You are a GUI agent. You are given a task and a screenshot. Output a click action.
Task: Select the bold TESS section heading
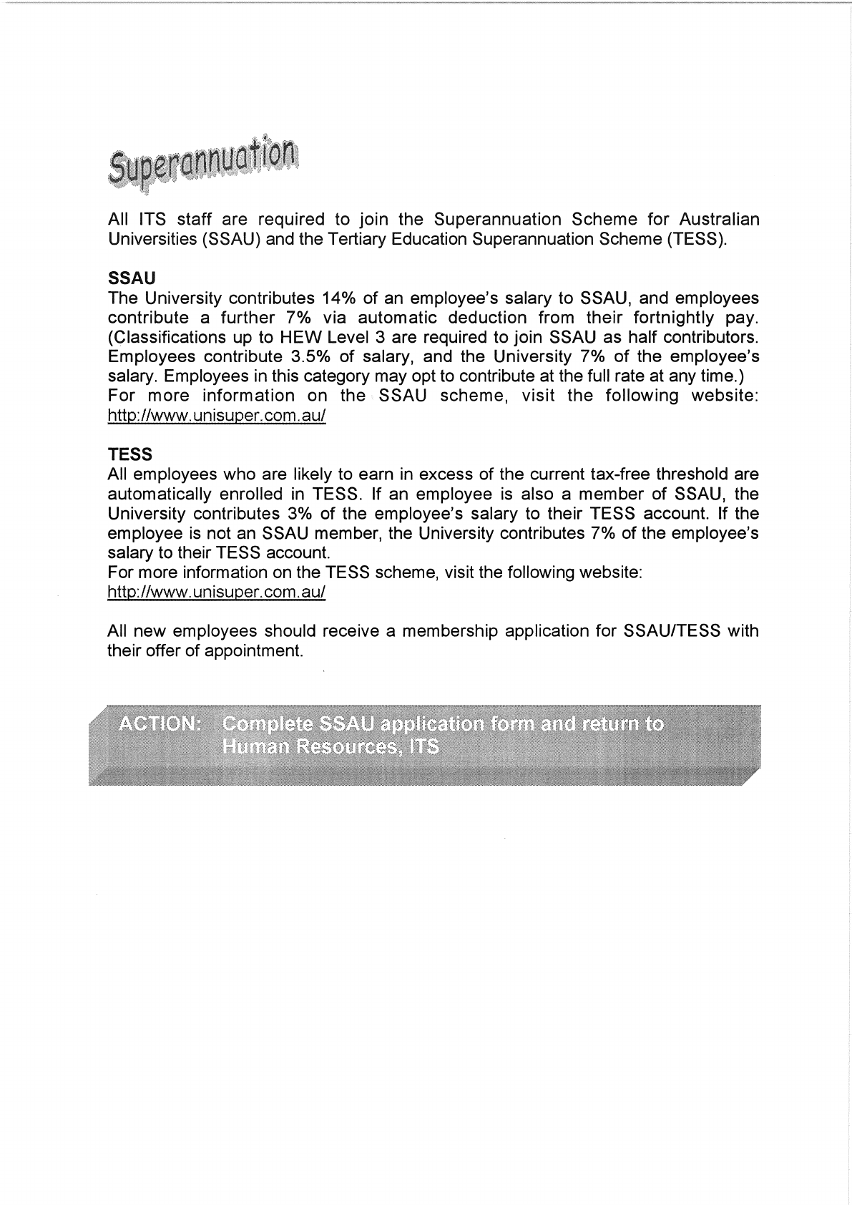coord(129,454)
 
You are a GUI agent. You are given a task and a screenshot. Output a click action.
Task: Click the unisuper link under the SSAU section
coord(216,416)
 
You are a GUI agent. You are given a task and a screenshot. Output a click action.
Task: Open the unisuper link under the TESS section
coord(216,592)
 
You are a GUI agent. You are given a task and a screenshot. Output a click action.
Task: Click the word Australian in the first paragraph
coord(719,219)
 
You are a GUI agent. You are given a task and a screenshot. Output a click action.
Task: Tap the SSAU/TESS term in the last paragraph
coord(672,631)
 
